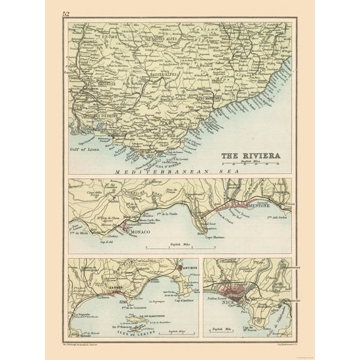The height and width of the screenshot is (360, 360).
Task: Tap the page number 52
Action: coord(66,13)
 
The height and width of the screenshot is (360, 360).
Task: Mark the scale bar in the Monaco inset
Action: coord(181,248)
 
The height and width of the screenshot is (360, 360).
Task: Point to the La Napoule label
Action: coord(84,314)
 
